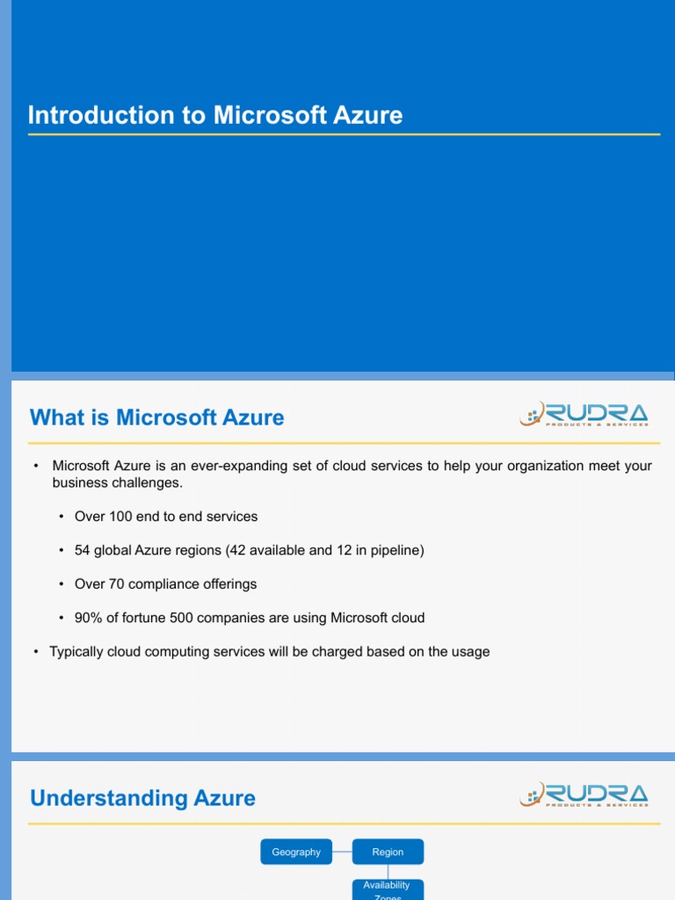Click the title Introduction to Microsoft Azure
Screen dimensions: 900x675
(215, 115)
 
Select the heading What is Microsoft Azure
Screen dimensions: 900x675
(157, 417)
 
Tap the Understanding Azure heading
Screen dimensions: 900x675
(142, 798)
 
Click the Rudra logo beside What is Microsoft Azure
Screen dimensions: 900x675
(584, 415)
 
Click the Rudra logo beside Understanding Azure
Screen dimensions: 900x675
(584, 795)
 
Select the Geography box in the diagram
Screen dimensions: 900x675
(296, 852)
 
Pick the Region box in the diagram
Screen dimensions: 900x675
(388, 852)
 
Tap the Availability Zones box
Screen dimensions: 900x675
(387, 889)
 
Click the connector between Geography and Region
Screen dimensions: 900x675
(342, 852)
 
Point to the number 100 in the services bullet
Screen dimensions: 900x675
(119, 517)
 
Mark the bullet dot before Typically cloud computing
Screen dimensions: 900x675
(35, 651)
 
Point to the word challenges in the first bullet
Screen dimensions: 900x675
(149, 483)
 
